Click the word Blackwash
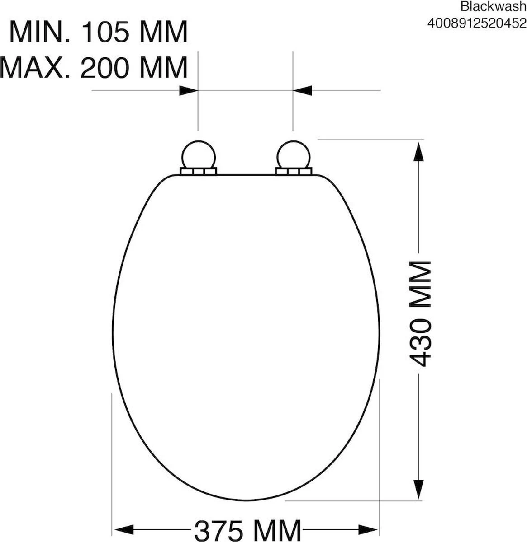(493, 6)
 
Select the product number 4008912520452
(477, 23)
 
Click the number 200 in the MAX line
(104, 68)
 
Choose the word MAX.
(35, 68)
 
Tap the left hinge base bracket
(198, 171)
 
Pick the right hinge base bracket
(293, 171)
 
